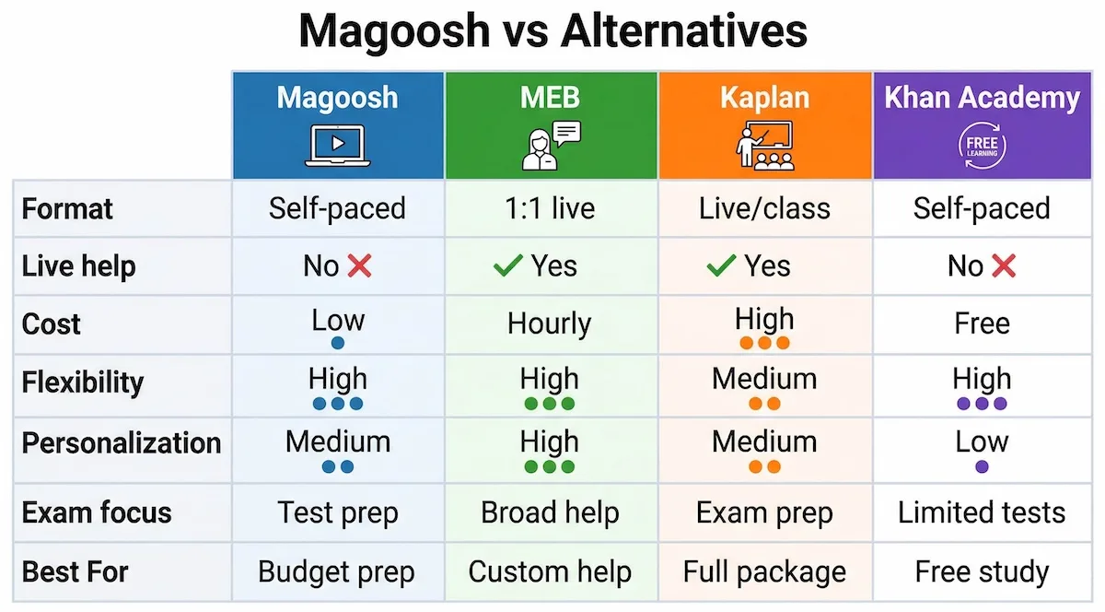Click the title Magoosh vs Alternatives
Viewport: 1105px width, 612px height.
tap(552, 31)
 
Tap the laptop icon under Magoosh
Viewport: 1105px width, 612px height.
tap(337, 147)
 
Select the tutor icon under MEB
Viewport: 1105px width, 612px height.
tap(550, 146)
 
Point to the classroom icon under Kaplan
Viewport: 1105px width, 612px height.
tap(764, 146)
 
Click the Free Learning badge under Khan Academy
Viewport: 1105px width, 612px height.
tap(982, 147)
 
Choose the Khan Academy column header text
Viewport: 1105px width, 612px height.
tap(982, 98)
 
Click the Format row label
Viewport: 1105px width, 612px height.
tap(67, 208)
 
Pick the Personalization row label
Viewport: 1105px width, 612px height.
tap(122, 442)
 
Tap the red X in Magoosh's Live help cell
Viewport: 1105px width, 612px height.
tap(359, 266)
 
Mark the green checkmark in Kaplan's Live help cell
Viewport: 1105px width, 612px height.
tap(720, 266)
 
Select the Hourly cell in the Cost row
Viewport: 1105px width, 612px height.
tap(550, 324)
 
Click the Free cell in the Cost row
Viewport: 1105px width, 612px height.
tap(982, 324)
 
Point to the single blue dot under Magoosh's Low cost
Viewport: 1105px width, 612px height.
tap(337, 343)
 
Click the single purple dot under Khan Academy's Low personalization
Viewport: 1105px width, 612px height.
tap(982, 467)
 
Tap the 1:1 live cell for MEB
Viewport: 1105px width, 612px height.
tap(550, 208)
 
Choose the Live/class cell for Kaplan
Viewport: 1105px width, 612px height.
tap(764, 208)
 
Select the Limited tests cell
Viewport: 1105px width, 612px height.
tap(982, 512)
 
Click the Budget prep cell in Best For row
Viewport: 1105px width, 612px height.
tap(337, 571)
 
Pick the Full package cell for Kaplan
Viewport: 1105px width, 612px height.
tap(764, 571)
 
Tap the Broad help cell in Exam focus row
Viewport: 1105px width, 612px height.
tap(550, 512)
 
